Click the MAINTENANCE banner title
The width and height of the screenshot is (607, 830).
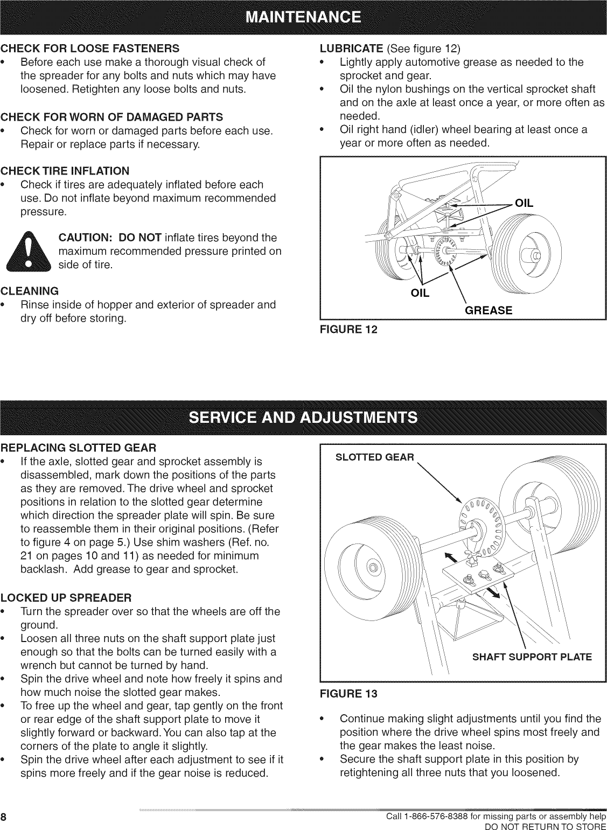pyautogui.click(x=303, y=18)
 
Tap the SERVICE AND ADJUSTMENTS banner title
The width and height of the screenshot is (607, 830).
pyautogui.click(x=303, y=418)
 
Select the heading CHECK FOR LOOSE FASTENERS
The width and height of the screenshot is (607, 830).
pyautogui.click(x=90, y=48)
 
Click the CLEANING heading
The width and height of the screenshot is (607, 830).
pyautogui.click(x=30, y=291)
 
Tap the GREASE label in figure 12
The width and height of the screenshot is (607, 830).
pyautogui.click(x=489, y=310)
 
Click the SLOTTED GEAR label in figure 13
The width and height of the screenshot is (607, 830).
pyautogui.click(x=375, y=457)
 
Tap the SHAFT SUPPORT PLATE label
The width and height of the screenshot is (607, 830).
pyautogui.click(x=532, y=657)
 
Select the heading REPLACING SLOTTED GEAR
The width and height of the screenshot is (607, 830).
pyautogui.click(x=79, y=448)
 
